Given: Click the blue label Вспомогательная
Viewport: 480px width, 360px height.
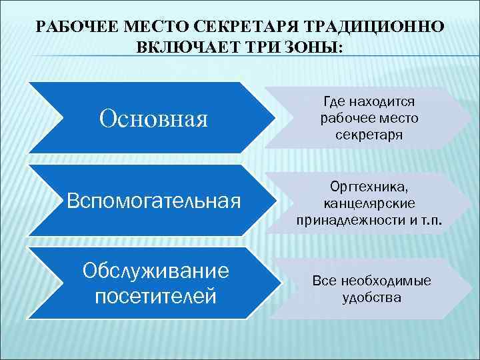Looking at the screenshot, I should [x=154, y=201].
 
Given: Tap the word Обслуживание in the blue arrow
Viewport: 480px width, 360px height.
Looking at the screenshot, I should [x=155, y=271].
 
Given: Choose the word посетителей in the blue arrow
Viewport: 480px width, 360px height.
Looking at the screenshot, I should [x=155, y=295].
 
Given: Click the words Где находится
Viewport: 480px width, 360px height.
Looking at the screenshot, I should [x=369, y=101].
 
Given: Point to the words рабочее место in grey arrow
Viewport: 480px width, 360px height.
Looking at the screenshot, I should [x=369, y=118].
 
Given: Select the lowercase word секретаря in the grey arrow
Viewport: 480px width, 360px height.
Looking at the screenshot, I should [x=369, y=135].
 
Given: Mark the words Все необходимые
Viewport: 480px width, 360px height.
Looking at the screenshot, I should [x=371, y=281].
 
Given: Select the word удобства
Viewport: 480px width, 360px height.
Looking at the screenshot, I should [x=371, y=298].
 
